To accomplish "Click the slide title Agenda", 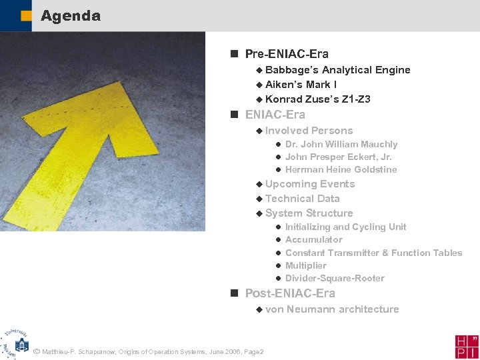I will point(70,15).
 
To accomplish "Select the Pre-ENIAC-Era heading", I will point(287,54).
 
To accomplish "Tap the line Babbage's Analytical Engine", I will point(337,70).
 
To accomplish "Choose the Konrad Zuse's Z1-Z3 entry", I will point(317,99).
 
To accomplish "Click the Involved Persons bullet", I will point(309,131).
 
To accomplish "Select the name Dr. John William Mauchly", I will point(341,144).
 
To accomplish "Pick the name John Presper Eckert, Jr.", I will point(338,157).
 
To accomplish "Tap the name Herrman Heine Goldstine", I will point(341,169).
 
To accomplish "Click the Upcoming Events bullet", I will point(309,184).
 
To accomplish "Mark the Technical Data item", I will point(302,199).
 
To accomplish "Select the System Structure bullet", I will point(309,213).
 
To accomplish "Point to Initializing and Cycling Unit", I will point(345,227).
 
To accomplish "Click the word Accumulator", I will point(313,239).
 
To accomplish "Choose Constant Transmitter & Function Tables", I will point(373,253).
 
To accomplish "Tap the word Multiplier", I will point(305,265).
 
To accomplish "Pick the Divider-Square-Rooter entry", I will point(335,278).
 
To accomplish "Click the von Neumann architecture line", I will point(332,309).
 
